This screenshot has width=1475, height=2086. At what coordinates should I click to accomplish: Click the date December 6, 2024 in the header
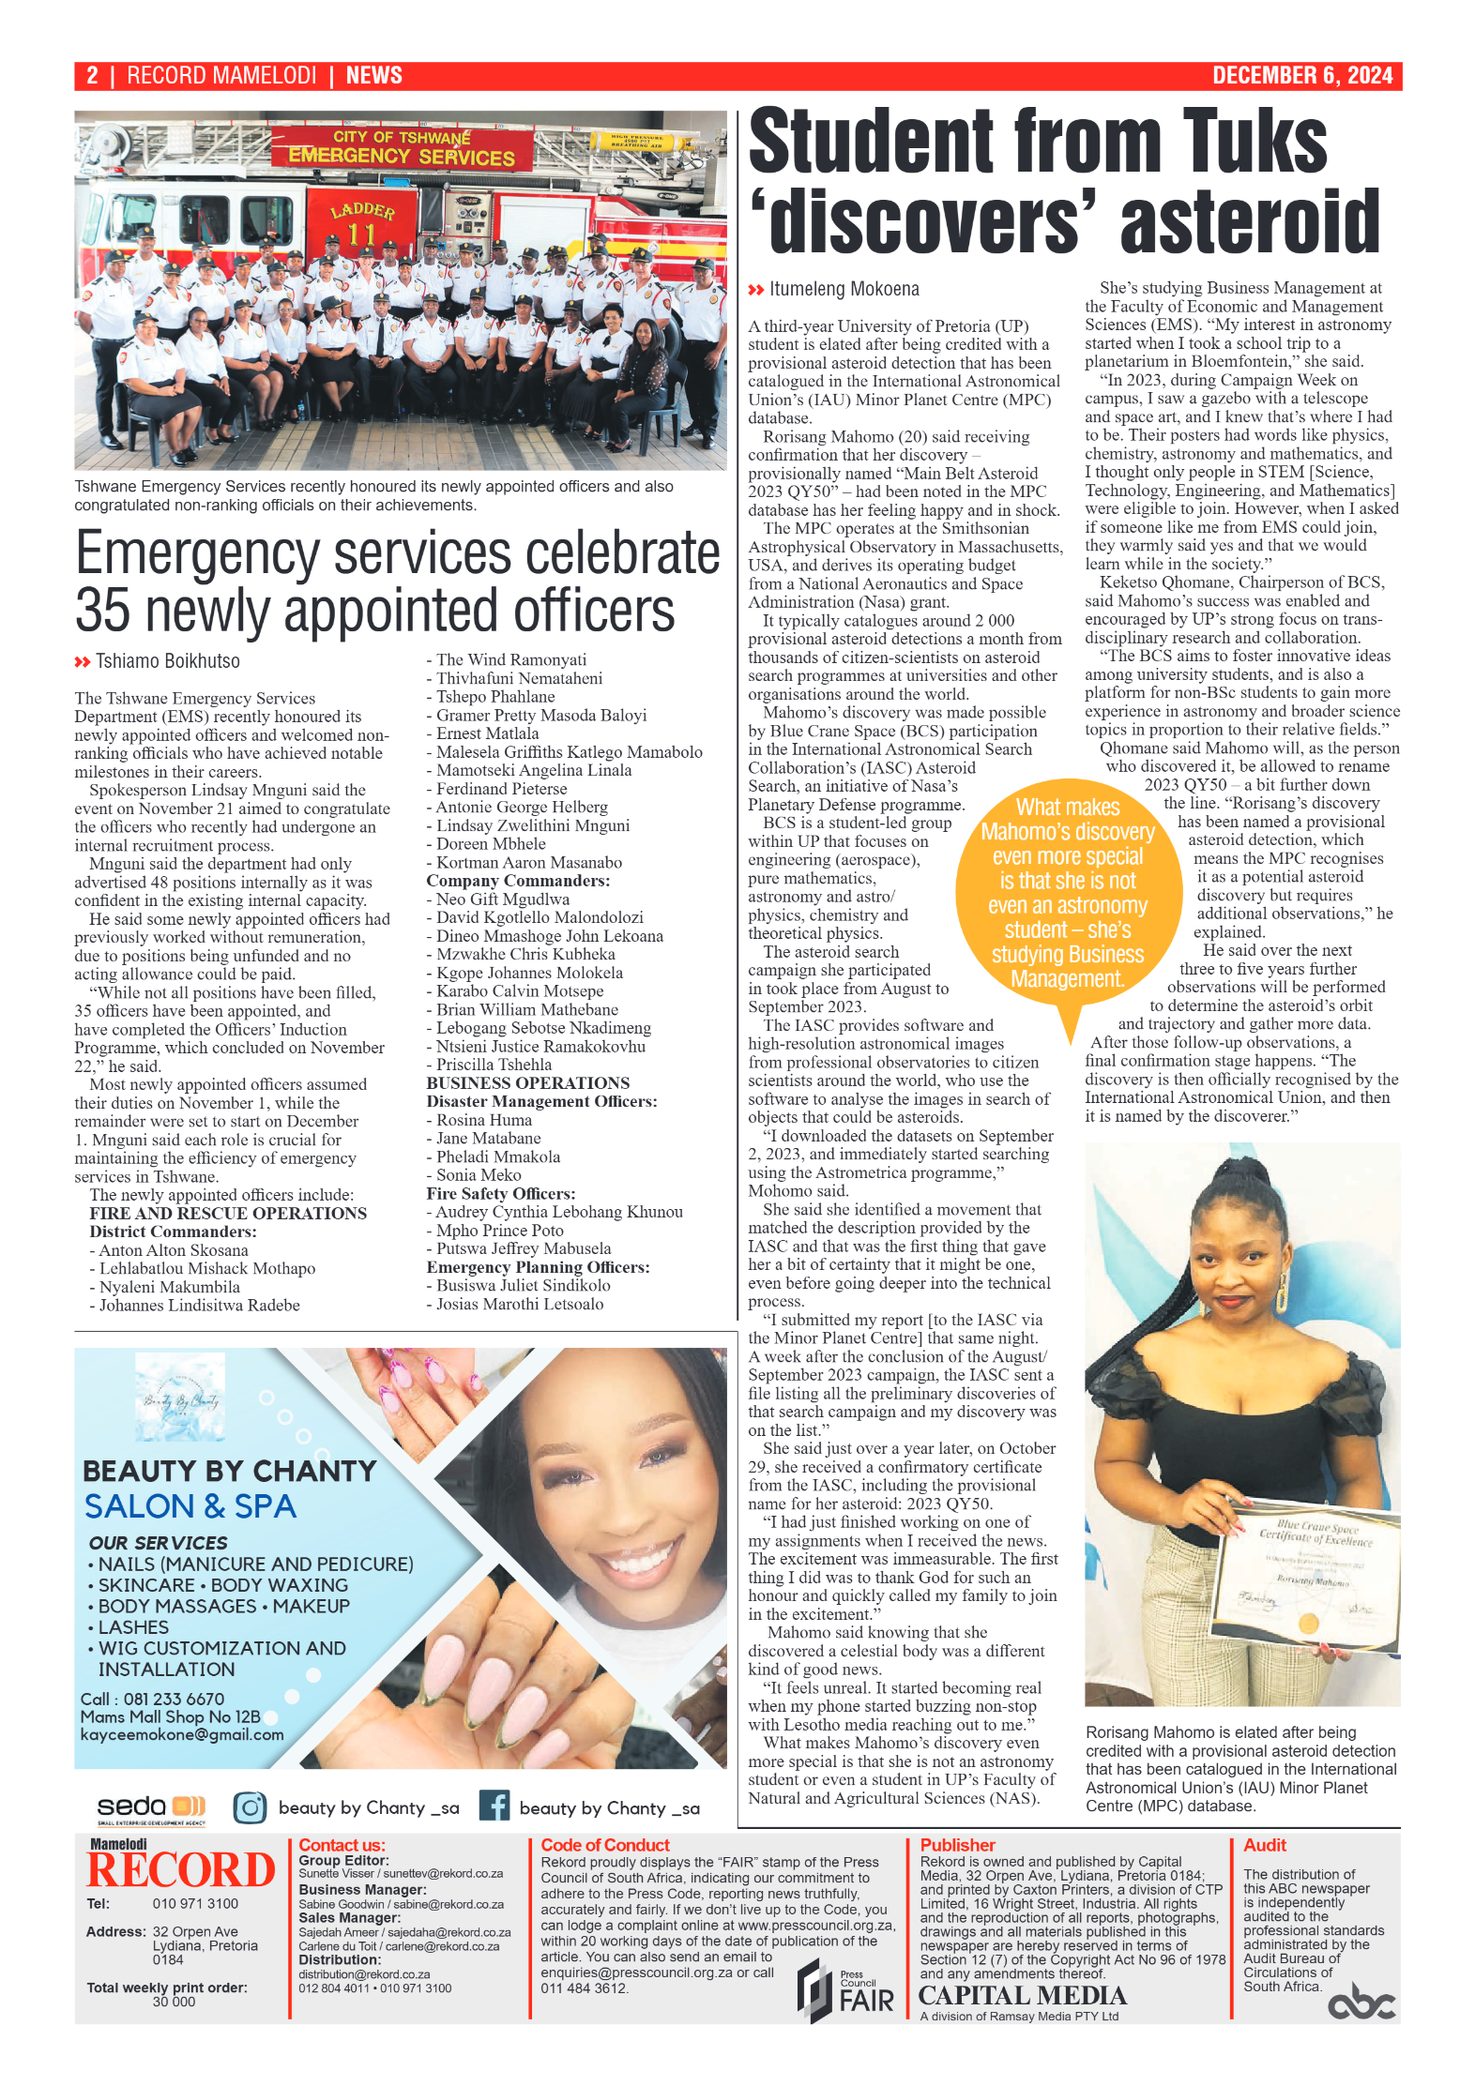click(x=1301, y=76)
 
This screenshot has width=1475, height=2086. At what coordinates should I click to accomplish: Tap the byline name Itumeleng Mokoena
click(x=844, y=289)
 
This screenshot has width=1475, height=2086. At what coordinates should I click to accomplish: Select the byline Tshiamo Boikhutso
click(x=167, y=661)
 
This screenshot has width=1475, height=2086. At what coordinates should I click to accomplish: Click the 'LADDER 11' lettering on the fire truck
click(x=361, y=223)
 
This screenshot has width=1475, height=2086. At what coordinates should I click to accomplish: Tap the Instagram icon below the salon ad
click(x=250, y=1806)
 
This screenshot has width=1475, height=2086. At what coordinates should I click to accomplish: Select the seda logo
click(x=150, y=1808)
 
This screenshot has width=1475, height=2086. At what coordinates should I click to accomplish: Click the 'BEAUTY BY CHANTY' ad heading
click(x=229, y=1471)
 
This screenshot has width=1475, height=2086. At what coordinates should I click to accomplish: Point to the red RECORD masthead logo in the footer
click(x=181, y=1870)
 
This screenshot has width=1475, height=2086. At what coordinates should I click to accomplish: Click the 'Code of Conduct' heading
click(x=605, y=1845)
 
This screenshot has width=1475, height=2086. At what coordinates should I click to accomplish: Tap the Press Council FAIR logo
click(x=846, y=1989)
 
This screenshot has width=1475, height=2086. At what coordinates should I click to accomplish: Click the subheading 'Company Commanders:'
click(x=518, y=881)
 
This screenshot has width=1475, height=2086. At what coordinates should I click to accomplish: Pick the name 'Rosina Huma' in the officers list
click(x=484, y=1120)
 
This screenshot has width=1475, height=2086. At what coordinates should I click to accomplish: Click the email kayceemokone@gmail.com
click(x=182, y=1735)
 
